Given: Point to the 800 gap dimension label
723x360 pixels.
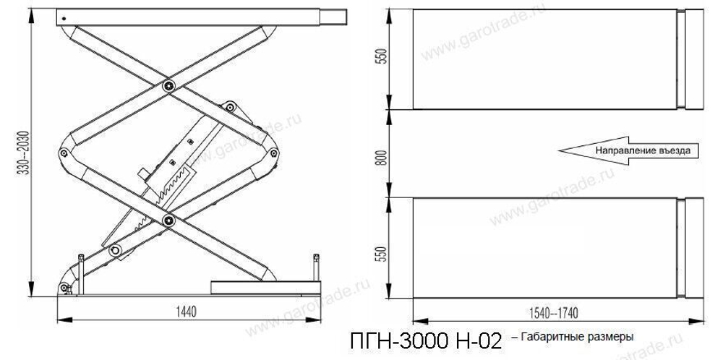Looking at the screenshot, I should point(384,153).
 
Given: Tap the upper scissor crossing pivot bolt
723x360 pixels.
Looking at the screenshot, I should point(168,86).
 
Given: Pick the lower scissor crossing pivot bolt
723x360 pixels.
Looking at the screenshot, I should point(168,220).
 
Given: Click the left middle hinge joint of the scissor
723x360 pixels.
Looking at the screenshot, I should point(65,153).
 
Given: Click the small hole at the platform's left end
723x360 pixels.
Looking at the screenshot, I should point(64,17).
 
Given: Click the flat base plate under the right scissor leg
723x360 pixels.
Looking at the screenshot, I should point(264,286).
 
